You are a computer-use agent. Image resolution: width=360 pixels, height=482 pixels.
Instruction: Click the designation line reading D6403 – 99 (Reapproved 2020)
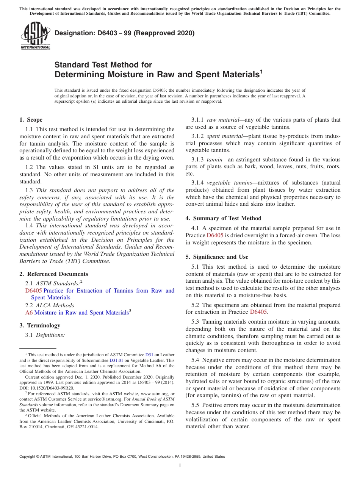125,33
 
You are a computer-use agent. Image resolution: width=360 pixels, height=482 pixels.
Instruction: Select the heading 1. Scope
31,120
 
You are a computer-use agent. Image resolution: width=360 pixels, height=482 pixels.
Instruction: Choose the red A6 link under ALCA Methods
29,313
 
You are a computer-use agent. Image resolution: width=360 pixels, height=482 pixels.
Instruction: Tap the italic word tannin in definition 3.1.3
215,160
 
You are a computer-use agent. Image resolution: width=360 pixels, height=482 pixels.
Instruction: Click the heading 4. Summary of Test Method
223,218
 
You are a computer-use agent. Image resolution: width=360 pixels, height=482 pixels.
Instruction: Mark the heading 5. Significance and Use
217,257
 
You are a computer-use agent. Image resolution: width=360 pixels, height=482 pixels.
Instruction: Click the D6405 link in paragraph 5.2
258,312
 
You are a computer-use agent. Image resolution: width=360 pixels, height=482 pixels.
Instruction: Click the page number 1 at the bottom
180,465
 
